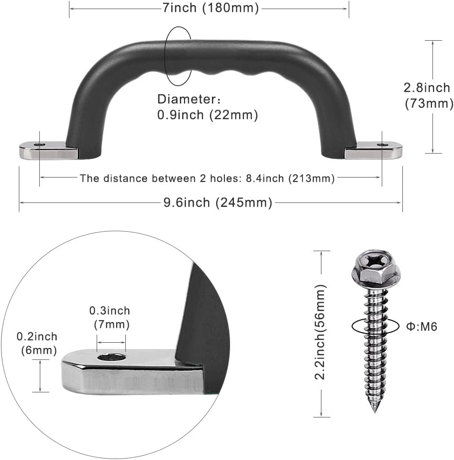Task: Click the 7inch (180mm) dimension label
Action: [210, 8]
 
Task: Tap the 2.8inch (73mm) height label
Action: [428, 96]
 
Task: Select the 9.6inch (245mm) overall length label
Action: [218, 203]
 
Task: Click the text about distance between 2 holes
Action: [207, 178]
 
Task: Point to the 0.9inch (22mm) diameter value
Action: [207, 115]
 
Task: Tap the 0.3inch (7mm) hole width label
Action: [110, 317]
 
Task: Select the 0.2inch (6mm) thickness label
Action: [37, 343]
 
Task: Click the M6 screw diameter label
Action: [421, 326]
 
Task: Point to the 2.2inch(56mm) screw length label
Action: [320, 332]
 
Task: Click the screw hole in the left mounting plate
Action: [39, 145]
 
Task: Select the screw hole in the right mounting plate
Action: [382, 145]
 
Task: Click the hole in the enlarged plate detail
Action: [111, 358]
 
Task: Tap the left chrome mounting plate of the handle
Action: [48, 150]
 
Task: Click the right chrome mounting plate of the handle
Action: [373, 150]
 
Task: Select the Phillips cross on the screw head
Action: [376, 259]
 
